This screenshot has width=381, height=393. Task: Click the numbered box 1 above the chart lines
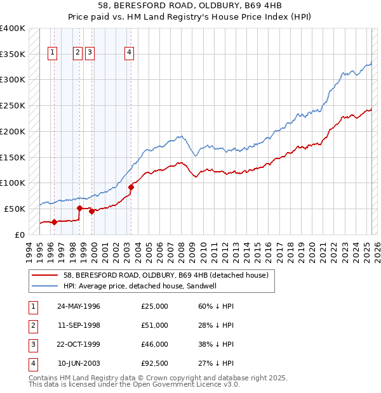[x=51, y=53]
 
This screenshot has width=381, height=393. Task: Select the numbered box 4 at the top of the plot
[x=129, y=53]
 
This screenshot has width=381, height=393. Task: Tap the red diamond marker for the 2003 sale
[x=131, y=186]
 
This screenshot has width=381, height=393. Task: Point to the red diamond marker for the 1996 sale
[x=54, y=222]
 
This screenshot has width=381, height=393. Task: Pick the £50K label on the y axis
[x=15, y=209]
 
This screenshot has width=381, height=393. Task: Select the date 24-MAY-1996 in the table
[x=79, y=306]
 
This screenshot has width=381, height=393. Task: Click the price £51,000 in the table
[x=155, y=325]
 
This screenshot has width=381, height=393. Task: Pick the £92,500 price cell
[x=155, y=363]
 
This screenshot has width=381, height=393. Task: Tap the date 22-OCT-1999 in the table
[x=79, y=344]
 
